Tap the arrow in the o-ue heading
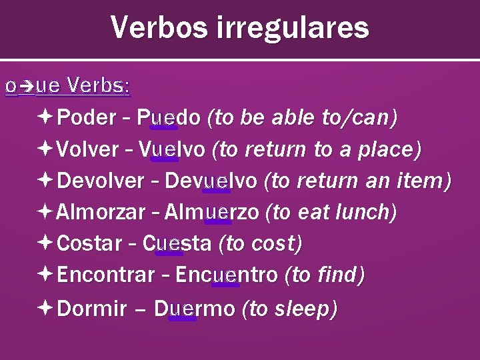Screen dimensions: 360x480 (x=25, y=86)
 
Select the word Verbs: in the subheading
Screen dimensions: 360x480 (x=99, y=86)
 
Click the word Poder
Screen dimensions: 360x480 (x=87, y=118)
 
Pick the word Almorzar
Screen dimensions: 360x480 (x=101, y=212)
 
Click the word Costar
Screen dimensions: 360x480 (x=85, y=243)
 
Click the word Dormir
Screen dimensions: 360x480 (x=92, y=309)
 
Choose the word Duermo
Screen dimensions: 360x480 (x=194, y=309)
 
